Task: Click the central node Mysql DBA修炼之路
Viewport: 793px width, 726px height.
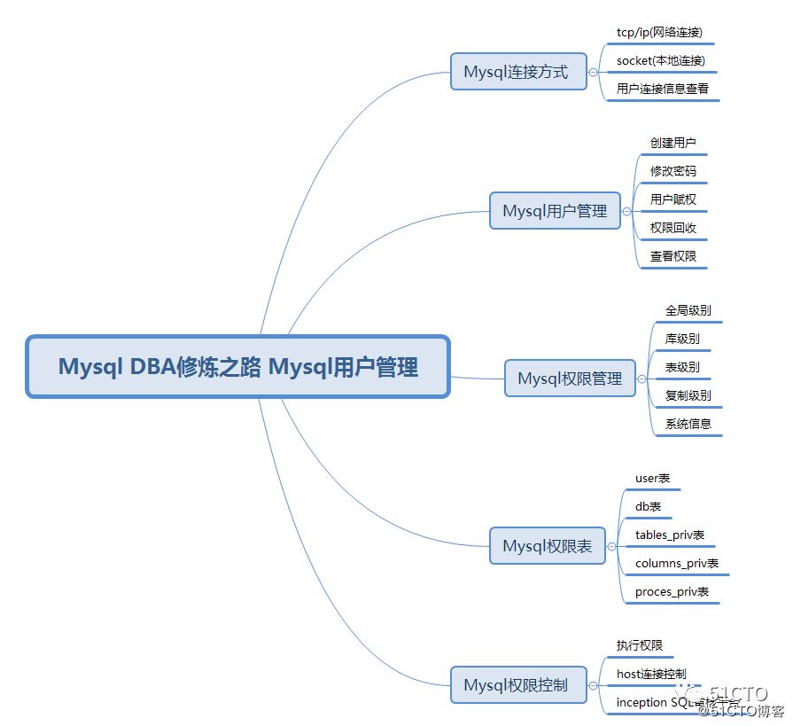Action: (x=238, y=367)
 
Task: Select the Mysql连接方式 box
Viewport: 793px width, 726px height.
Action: (x=518, y=72)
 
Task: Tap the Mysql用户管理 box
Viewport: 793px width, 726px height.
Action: (x=556, y=211)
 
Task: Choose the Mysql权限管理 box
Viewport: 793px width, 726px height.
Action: (x=571, y=379)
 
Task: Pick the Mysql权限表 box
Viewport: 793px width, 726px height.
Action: (x=548, y=546)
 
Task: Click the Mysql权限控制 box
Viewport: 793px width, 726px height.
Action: (x=518, y=685)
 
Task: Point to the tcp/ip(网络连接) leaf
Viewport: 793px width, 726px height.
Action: (x=659, y=33)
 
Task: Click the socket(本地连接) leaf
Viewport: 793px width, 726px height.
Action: (x=660, y=61)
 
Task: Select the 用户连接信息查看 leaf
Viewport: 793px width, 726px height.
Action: (x=663, y=90)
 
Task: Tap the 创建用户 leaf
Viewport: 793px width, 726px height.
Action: (x=672, y=143)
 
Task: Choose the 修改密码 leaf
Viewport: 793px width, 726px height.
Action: (x=672, y=171)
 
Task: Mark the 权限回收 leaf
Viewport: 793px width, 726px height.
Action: (x=672, y=228)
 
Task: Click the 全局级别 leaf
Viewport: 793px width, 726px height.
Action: (x=688, y=311)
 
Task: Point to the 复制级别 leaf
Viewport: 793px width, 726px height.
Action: (x=688, y=395)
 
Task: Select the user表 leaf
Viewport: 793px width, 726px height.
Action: (x=652, y=479)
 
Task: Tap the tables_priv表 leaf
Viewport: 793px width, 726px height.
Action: (x=670, y=535)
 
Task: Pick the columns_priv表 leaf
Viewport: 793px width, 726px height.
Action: (x=677, y=564)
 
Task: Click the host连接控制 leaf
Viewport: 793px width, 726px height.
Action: (x=651, y=675)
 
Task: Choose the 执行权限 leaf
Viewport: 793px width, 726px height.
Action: (x=640, y=646)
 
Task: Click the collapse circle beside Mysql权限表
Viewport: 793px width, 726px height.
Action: (x=611, y=547)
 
